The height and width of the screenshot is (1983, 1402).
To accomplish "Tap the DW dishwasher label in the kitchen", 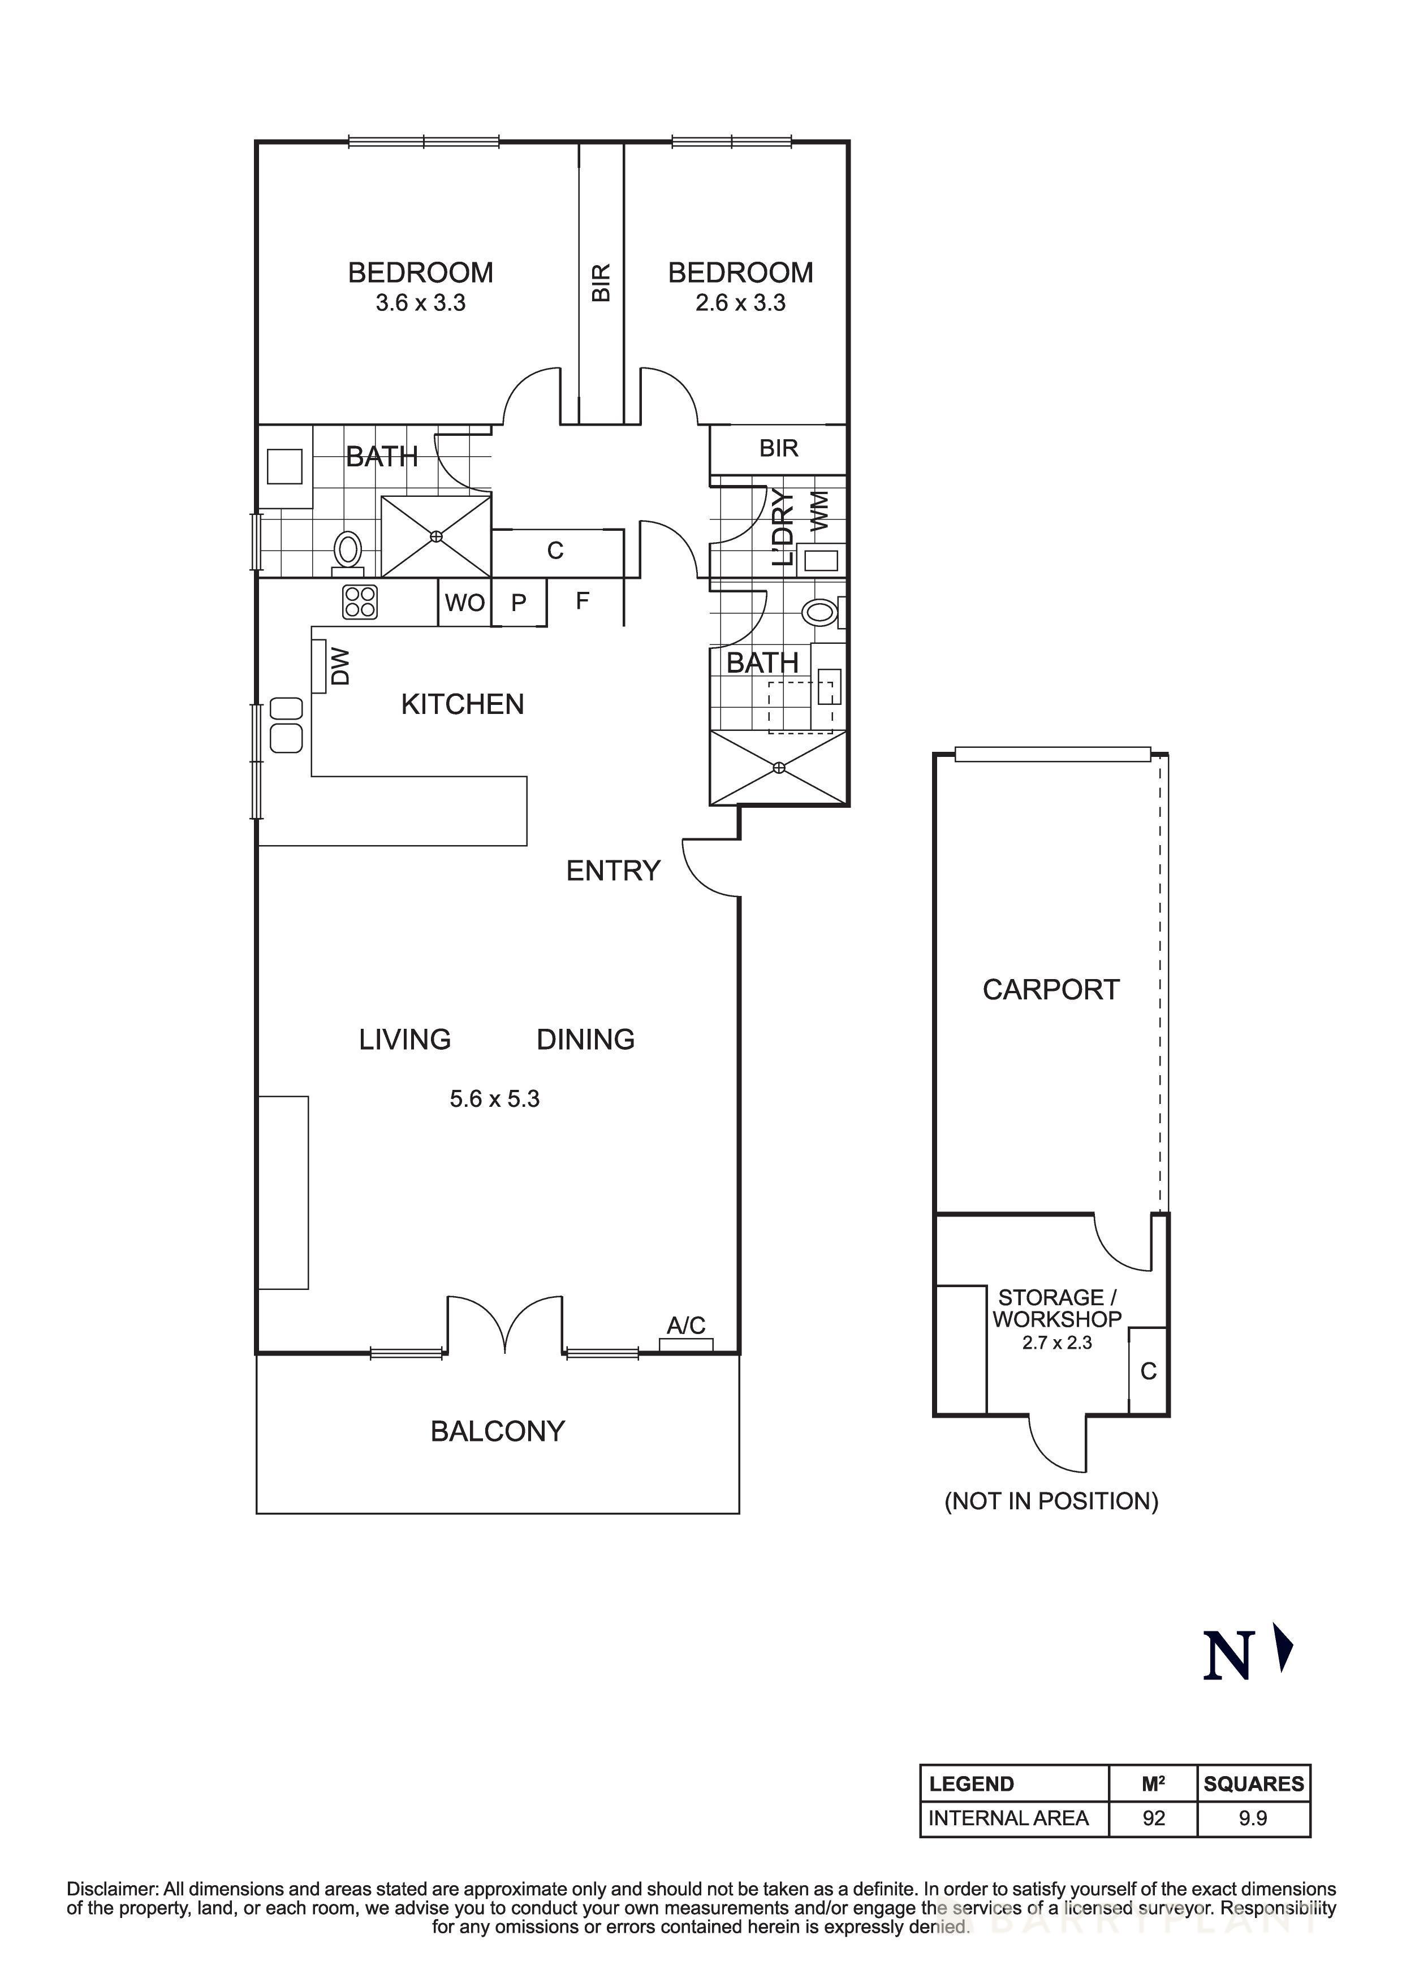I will [x=341, y=667].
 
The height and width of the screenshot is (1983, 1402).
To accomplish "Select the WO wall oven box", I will [x=465, y=602].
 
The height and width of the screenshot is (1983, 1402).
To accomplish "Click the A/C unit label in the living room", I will [x=686, y=1325].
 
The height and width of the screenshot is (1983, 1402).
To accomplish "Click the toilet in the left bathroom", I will [x=348, y=549].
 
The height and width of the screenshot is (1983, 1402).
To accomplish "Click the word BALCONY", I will [x=498, y=1431].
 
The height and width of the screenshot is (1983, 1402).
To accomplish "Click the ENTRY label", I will [x=613, y=871].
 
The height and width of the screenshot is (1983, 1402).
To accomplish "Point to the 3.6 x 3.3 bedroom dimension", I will [x=421, y=303].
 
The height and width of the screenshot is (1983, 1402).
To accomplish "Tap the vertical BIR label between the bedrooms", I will [x=601, y=283].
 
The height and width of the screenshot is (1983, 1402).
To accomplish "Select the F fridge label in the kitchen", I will [x=582, y=600].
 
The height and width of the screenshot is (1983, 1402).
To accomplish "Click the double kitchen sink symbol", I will [x=286, y=725].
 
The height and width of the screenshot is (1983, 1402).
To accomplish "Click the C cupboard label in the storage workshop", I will [x=1148, y=1371].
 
